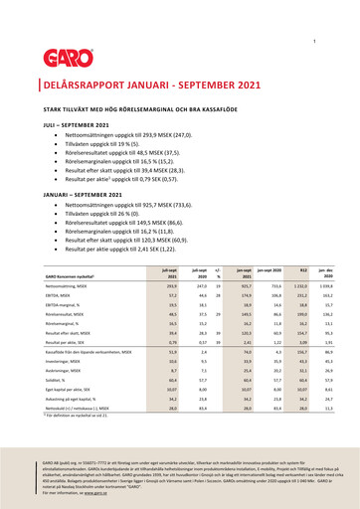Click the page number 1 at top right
pyautogui.click(x=314, y=40)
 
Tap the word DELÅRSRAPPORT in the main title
pyautogui.click(x=85, y=87)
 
